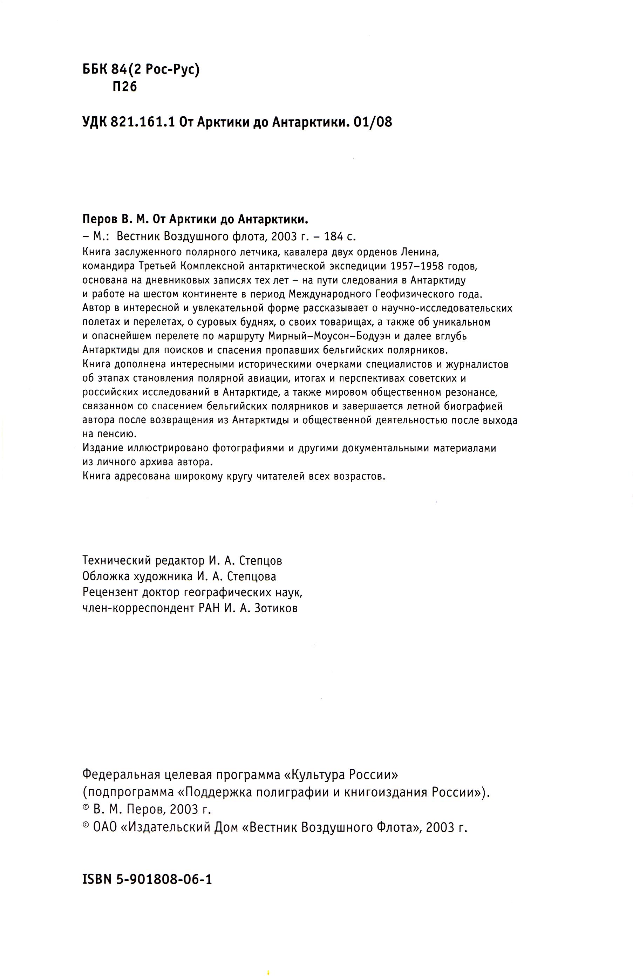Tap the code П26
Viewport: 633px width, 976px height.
tap(124, 87)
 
